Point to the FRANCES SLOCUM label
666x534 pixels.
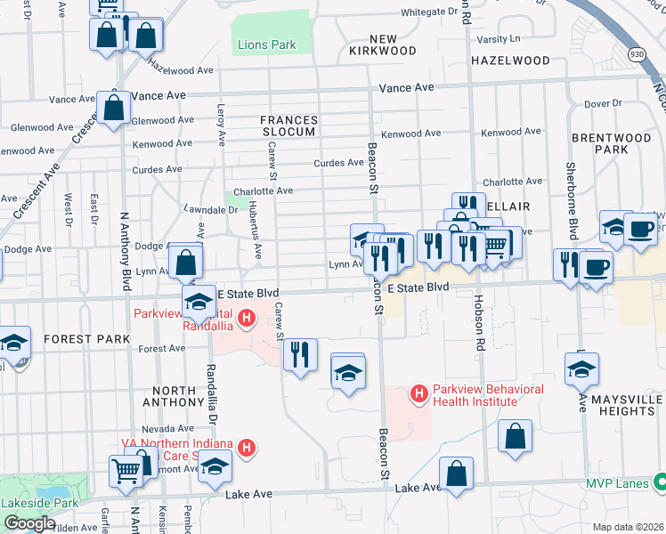(288, 125)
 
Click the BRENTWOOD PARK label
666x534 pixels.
(612, 144)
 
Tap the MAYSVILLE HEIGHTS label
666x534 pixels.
(621, 405)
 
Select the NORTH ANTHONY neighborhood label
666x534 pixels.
(174, 398)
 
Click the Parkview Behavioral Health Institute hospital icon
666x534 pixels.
(418, 392)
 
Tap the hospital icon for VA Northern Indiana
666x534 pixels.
(249, 448)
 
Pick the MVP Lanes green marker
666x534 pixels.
(660, 483)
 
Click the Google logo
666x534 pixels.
(29, 522)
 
